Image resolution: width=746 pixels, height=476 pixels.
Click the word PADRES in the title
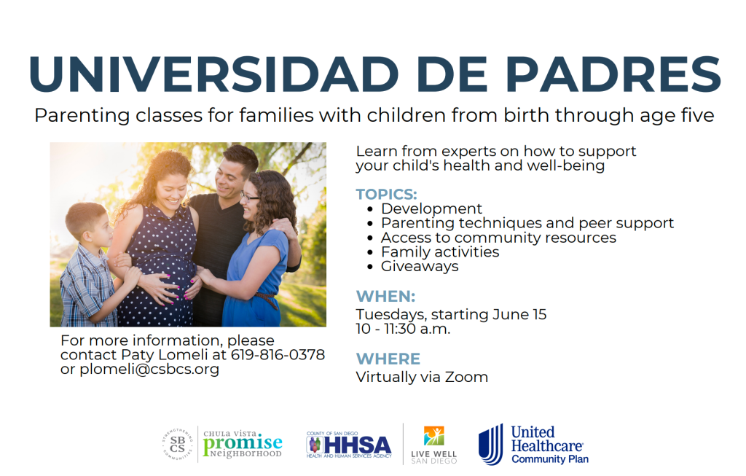(x=613, y=74)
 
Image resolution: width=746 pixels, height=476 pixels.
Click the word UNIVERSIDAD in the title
(x=213, y=74)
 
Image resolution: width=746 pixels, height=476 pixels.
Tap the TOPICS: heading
(x=386, y=194)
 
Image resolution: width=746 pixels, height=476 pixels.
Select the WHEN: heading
(x=385, y=296)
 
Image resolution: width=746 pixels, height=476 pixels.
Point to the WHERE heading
(x=388, y=359)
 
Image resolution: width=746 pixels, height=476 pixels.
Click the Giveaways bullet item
(x=420, y=266)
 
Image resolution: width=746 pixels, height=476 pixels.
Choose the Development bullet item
(x=431, y=208)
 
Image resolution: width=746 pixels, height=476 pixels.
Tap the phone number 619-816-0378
(x=278, y=354)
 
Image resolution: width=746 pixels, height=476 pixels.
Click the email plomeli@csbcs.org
(x=149, y=370)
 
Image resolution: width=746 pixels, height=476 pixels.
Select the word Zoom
(x=466, y=377)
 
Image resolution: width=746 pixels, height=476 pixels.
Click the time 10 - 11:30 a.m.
(x=403, y=329)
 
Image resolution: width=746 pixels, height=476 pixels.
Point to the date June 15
(x=519, y=314)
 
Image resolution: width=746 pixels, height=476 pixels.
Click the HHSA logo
(x=349, y=445)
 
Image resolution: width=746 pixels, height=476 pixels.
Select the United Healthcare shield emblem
(x=490, y=445)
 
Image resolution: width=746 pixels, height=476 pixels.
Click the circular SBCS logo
(x=178, y=445)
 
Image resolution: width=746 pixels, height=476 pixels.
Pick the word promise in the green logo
(x=242, y=443)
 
